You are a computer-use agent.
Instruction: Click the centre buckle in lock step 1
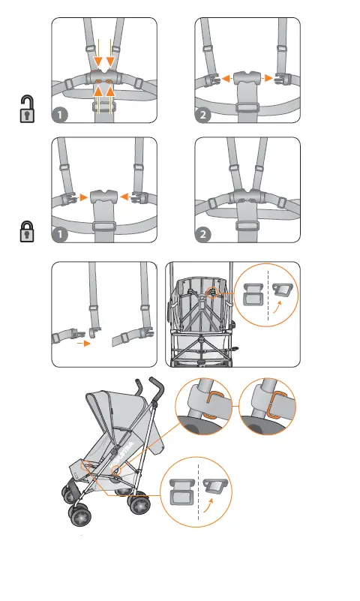(x=104, y=197)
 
